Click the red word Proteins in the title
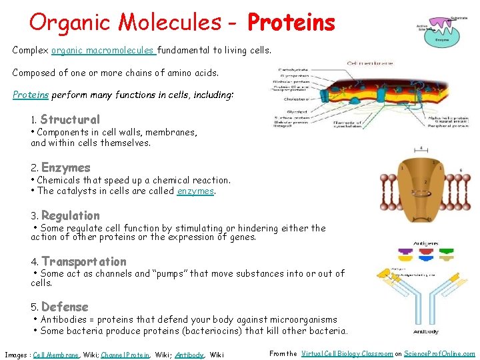point(291,23)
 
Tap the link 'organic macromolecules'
point(103,50)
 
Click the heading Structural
point(70,120)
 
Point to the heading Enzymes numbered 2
point(65,168)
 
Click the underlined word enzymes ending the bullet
point(195,191)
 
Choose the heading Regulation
point(70,216)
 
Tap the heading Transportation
point(83,262)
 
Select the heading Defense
point(65,307)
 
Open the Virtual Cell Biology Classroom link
point(347,354)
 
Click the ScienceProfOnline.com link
point(440,354)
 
